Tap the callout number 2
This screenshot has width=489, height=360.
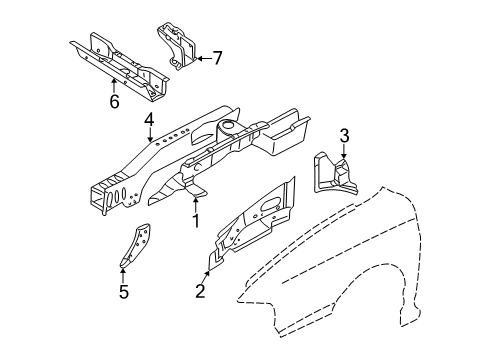200,291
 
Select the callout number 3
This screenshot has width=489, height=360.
343,135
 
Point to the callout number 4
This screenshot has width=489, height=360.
148,122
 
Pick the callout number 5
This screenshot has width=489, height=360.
124,293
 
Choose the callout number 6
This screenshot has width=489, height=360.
114,101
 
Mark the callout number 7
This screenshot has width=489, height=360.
217,58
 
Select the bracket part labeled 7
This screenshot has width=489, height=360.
176,46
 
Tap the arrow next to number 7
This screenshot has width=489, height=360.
201,58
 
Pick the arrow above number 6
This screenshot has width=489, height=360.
114,84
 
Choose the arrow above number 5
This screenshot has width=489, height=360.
124,276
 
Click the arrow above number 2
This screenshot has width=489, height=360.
204,274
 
